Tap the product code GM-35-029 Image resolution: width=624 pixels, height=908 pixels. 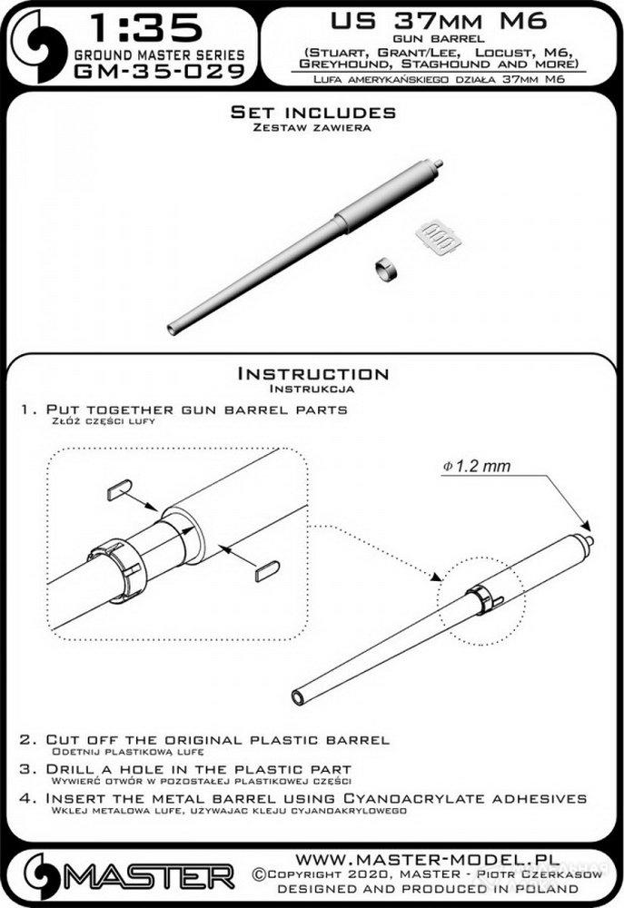[160, 72]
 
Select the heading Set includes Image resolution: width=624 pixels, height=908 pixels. [313, 112]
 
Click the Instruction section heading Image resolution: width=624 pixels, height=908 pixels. [313, 373]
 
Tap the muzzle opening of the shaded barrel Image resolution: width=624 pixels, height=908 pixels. [172, 329]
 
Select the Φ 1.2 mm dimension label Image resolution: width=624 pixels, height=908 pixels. [477, 466]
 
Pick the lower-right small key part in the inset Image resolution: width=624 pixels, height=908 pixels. [268, 570]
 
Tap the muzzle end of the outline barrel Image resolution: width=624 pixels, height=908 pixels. [299, 697]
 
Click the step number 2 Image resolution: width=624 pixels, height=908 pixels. [25, 740]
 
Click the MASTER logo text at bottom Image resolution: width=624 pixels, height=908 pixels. [148, 877]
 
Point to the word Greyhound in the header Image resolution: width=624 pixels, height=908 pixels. [343, 64]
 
